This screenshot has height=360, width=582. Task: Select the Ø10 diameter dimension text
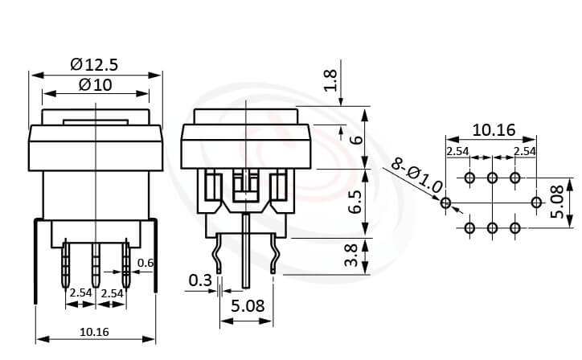coord(96,84)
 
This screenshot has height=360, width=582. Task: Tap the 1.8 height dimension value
coord(329,81)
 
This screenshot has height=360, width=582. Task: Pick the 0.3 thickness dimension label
coord(199,280)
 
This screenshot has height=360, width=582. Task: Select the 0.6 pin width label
coord(145,263)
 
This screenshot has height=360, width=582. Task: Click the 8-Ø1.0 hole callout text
coord(416,174)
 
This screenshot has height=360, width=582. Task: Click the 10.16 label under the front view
coord(95,332)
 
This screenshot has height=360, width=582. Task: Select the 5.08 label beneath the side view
coord(248,306)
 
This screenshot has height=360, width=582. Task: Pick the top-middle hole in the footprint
coord(492,178)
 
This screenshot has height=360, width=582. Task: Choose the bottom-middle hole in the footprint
coord(492,228)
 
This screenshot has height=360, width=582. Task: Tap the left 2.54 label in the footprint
coord(459,151)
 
